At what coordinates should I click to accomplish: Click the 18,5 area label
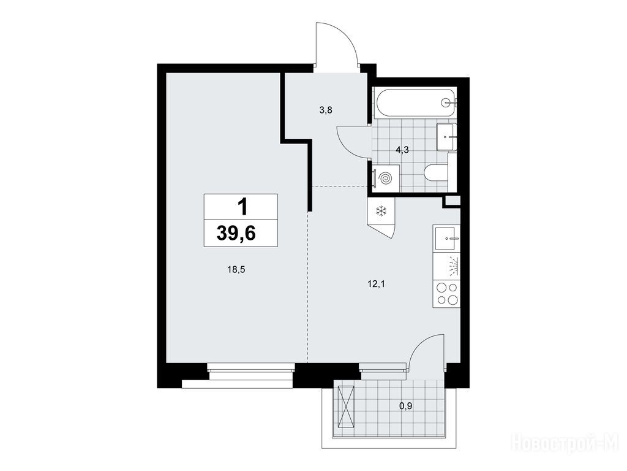point(236,270)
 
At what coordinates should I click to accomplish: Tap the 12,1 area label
point(376,285)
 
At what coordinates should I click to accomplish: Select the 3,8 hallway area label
point(326,110)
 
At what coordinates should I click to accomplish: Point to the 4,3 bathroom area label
point(402,150)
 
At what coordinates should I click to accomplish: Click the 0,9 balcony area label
point(405,406)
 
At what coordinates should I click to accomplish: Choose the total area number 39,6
point(236,233)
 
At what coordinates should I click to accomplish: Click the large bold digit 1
point(242,207)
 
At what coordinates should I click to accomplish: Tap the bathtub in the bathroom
point(415,102)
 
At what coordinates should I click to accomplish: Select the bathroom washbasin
point(446,137)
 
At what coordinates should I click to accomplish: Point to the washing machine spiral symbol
point(386,178)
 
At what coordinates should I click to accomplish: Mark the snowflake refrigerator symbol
point(381,211)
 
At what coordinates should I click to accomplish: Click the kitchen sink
point(446,239)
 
